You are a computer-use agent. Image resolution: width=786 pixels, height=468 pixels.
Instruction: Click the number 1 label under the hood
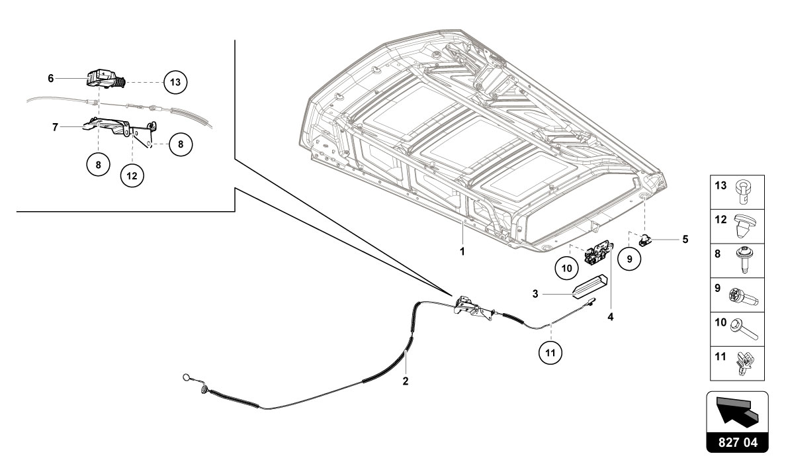point(462,252)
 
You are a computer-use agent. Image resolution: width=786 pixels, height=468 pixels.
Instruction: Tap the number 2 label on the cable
point(406,381)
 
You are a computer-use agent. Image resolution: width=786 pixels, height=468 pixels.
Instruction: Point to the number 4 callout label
point(611,317)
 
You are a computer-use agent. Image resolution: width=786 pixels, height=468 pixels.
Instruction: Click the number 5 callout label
point(685,239)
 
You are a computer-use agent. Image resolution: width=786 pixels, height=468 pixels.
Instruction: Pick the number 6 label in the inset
point(50,78)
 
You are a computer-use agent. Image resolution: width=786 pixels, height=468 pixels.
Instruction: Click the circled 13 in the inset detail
point(175,83)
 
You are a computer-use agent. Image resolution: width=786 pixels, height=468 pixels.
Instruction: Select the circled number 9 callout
point(629,259)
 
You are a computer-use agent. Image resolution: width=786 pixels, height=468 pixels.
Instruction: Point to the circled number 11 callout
point(550,353)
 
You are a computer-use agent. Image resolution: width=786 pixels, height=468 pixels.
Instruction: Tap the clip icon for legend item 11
point(746,363)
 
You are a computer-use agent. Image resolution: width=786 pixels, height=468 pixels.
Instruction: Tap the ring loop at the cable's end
point(187,378)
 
